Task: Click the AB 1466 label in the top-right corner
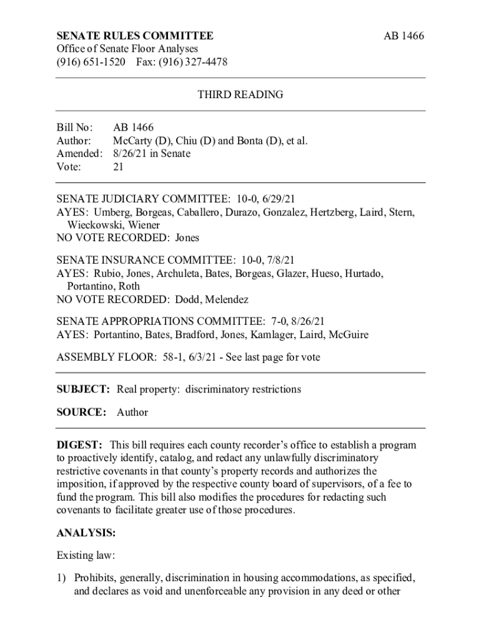click(403, 36)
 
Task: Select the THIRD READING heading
click(241, 95)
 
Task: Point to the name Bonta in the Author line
click(247, 141)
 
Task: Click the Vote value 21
click(118, 167)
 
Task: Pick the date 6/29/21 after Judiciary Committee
click(273, 199)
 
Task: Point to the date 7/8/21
click(278, 260)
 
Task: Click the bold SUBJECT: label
click(83, 389)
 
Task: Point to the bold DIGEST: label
click(79, 445)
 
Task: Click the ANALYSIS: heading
click(86, 533)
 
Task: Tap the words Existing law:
click(86, 555)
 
